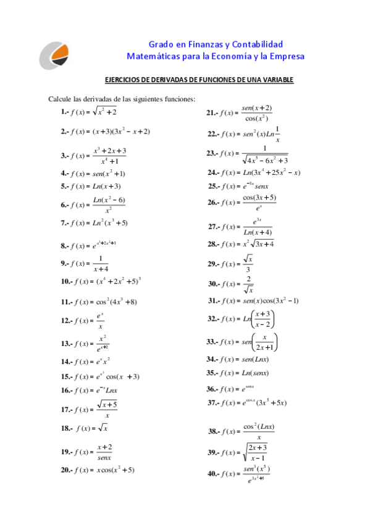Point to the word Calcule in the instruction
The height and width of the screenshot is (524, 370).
[x=60, y=99]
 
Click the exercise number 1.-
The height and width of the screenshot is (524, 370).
[x=64, y=112]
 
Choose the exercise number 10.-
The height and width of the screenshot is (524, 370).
[x=66, y=281]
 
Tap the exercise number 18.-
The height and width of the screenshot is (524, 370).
[x=66, y=428]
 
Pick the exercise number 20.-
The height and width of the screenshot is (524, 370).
[x=66, y=470]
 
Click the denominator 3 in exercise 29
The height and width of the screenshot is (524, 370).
[x=248, y=269]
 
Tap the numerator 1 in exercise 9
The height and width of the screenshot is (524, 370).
[x=101, y=258]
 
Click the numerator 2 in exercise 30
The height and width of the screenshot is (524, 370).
[x=248, y=278]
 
